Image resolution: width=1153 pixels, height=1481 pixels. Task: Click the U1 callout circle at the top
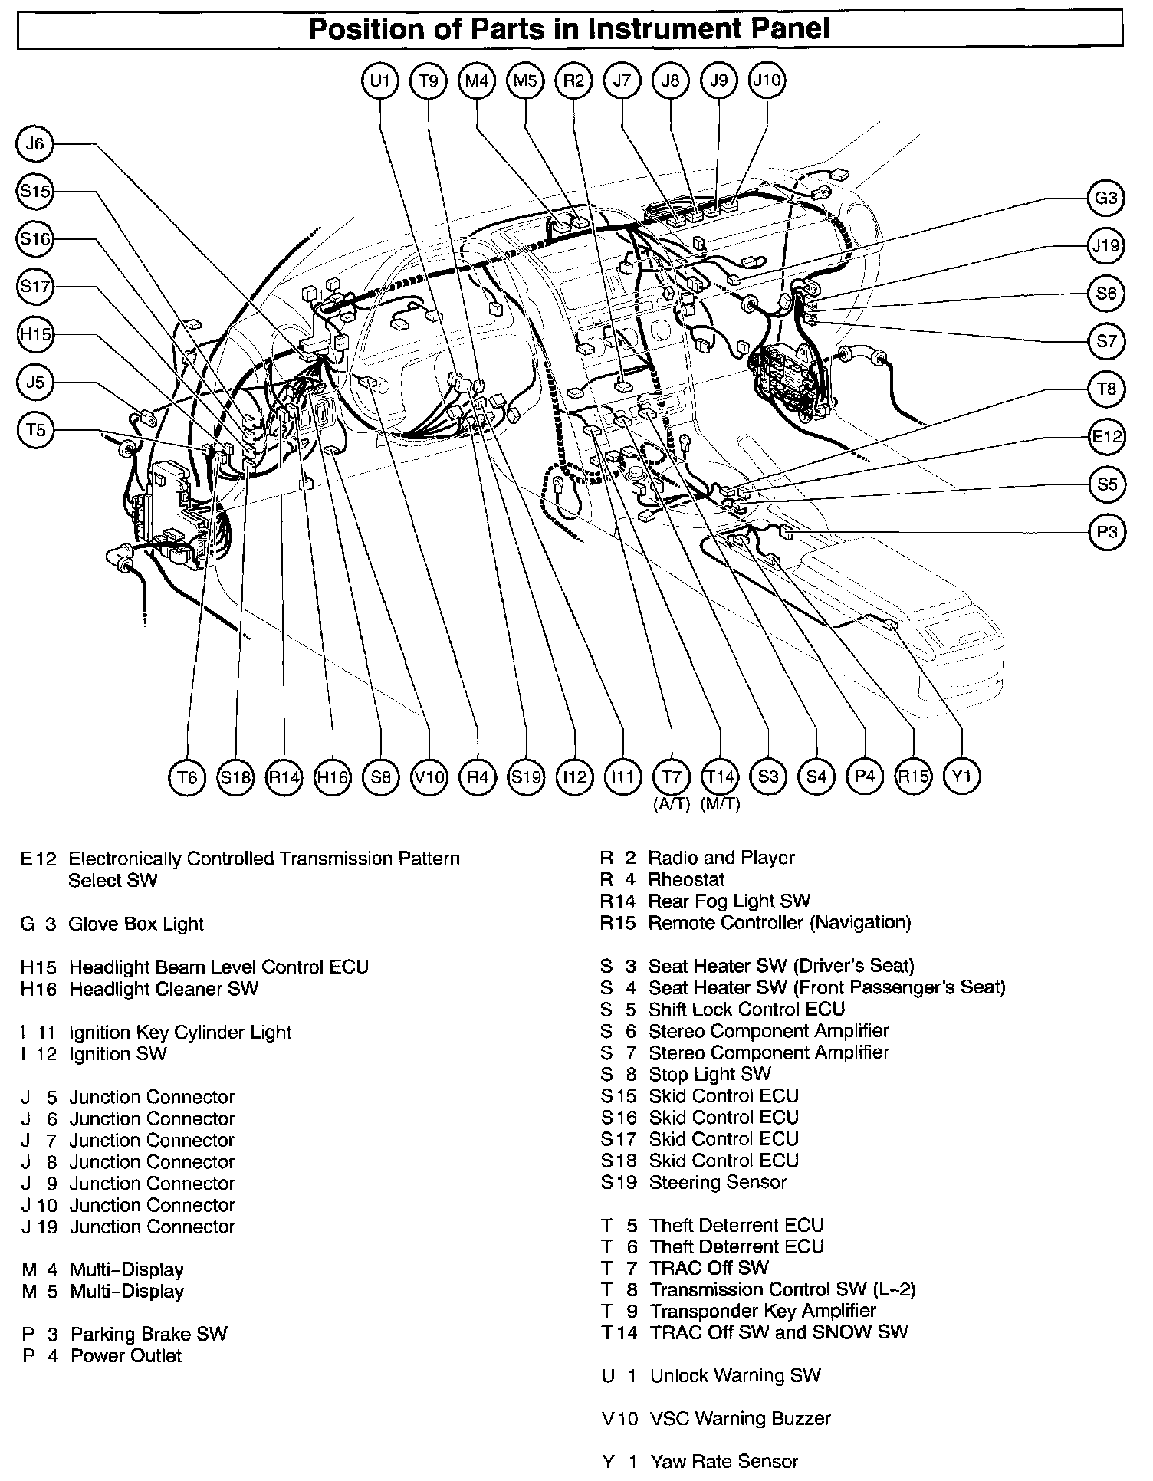coord(380,80)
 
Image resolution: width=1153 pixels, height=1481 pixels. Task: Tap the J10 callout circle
coord(767,80)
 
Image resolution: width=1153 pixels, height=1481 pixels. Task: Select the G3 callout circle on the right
coord(1106,199)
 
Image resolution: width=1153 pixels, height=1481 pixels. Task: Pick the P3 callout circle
coord(1106,532)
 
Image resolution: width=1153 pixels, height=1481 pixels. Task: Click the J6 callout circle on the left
coord(35,144)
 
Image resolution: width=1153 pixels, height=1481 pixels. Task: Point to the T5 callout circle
coord(35,430)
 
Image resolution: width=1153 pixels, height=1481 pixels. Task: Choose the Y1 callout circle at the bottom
coord(962,777)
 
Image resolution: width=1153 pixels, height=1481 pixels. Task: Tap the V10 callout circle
coord(429,777)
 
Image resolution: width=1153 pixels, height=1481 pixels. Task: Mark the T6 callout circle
coord(187,777)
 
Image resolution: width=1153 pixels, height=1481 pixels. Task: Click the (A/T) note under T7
coord(672,805)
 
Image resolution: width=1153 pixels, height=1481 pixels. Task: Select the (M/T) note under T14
coord(721,805)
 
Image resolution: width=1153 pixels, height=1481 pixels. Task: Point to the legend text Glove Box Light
coord(136,924)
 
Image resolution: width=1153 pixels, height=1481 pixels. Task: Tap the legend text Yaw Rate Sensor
coord(724,1462)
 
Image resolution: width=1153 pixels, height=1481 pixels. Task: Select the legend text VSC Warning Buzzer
coord(740,1419)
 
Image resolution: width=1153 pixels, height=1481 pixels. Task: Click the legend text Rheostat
coord(686,879)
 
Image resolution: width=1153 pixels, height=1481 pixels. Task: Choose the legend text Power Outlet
coord(126,1355)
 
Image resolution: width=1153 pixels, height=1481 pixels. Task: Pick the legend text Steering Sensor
coord(718,1182)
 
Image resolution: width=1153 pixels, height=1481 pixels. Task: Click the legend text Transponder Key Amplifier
coord(763,1311)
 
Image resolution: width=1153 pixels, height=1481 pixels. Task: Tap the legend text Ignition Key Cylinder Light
coord(180,1032)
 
